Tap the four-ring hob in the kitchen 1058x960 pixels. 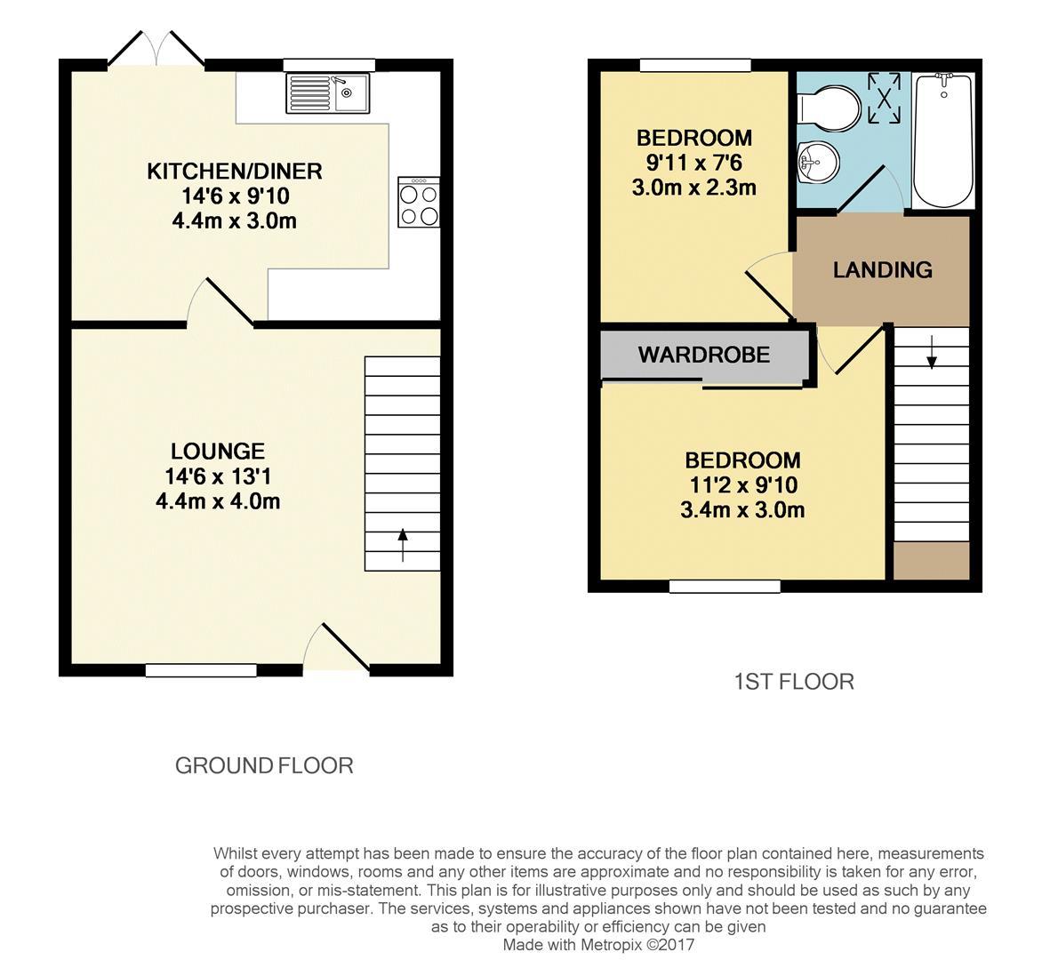(419, 204)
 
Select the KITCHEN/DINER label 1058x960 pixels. (234, 171)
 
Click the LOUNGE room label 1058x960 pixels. (218, 452)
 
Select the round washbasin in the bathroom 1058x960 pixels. (817, 161)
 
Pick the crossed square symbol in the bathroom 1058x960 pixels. (884, 98)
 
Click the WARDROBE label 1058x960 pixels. (703, 355)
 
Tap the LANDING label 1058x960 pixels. (882, 270)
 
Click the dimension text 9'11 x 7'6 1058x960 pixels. (693, 163)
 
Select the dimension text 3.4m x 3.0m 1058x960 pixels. (741, 510)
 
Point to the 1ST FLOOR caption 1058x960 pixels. (793, 682)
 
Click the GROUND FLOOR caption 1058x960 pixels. (264, 765)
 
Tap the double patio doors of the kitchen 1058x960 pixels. (156, 50)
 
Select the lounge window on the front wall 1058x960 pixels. (201, 671)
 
